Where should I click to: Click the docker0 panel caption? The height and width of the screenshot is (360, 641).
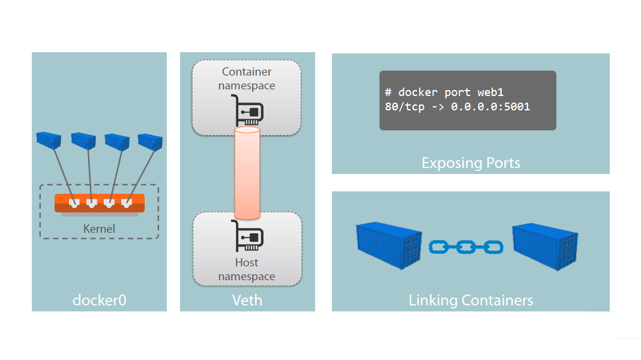click(x=100, y=299)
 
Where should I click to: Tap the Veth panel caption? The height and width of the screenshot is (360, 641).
click(x=247, y=299)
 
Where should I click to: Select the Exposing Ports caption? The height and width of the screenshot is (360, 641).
click(x=471, y=163)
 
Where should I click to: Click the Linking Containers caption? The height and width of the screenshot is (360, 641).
click(x=471, y=299)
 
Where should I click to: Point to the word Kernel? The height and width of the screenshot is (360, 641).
click(x=99, y=229)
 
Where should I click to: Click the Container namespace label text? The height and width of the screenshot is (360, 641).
click(x=247, y=79)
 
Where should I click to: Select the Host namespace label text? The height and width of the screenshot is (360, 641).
click(x=247, y=269)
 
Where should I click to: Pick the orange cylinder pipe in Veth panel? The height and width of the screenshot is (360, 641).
click(x=247, y=173)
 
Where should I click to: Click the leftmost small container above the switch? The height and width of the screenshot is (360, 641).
click(x=49, y=140)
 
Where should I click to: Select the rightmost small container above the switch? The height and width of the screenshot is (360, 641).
click(x=150, y=141)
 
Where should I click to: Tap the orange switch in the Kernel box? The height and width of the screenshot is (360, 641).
click(x=99, y=203)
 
